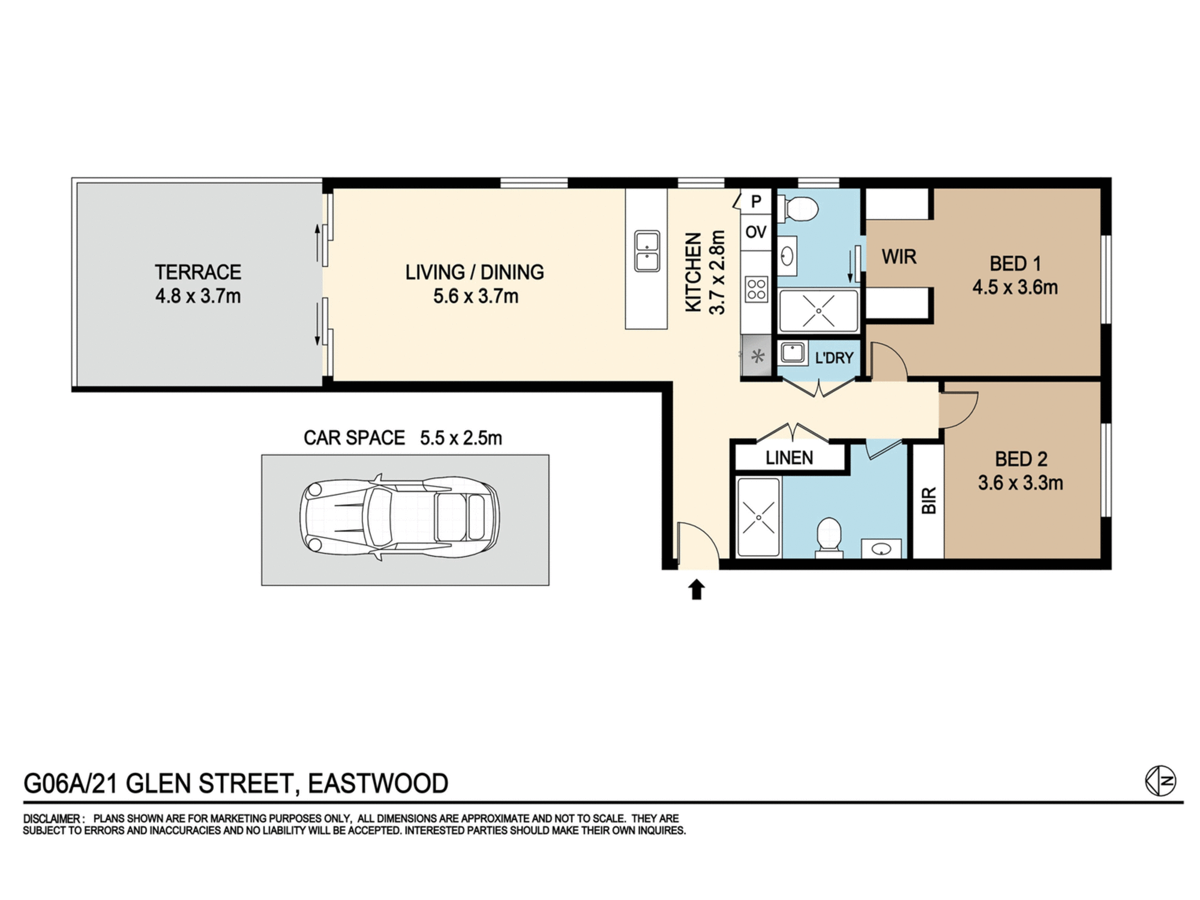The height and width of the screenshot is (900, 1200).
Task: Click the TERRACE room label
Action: pos(198,272)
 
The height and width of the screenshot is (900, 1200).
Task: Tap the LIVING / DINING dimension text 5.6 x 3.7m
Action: pos(476,296)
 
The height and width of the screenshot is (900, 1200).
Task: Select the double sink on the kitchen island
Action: pos(647,251)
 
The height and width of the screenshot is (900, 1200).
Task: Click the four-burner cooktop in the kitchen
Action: pos(757,289)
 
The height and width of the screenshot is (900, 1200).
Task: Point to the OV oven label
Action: pos(756,232)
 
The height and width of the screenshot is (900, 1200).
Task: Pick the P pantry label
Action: pos(757,202)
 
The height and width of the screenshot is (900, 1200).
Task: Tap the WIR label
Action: pos(899,257)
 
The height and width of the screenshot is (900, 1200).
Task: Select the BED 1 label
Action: pos(1015,263)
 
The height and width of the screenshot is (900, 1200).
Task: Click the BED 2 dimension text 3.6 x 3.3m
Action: pos(1021,483)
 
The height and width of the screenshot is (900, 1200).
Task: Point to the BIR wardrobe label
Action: pos(929,500)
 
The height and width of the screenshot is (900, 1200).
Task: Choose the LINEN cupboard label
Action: pos(789,458)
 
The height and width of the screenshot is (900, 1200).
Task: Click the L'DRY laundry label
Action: pos(834,358)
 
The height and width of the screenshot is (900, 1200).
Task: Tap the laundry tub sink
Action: pos(793,353)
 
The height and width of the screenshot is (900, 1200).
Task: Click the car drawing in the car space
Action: pos(400,517)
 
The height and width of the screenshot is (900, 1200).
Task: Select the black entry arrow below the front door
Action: pos(696,589)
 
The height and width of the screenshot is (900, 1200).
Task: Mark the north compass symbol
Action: pos(1160,781)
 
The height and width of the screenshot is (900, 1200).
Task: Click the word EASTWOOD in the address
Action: pos(378,784)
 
